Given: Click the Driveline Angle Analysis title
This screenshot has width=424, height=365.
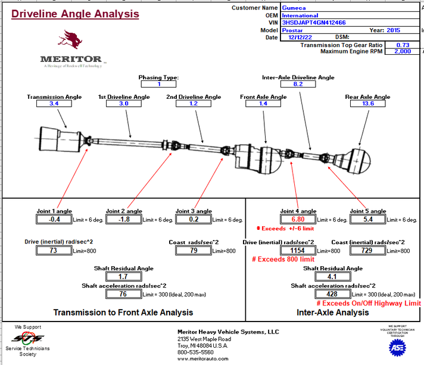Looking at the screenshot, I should (x=75, y=14).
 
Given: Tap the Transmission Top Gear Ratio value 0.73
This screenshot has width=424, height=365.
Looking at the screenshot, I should (x=403, y=45).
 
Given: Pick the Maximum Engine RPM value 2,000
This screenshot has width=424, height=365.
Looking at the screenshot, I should (x=403, y=51).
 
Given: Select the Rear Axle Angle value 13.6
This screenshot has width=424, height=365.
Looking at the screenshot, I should (x=367, y=104).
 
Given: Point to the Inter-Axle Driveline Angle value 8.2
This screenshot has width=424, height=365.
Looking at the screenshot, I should (x=298, y=84).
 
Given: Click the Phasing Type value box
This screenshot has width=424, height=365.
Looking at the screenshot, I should (x=158, y=84).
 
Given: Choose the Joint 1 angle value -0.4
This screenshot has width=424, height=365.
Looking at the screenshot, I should (x=54, y=219).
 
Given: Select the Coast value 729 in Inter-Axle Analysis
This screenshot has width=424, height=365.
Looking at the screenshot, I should (x=367, y=251).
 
